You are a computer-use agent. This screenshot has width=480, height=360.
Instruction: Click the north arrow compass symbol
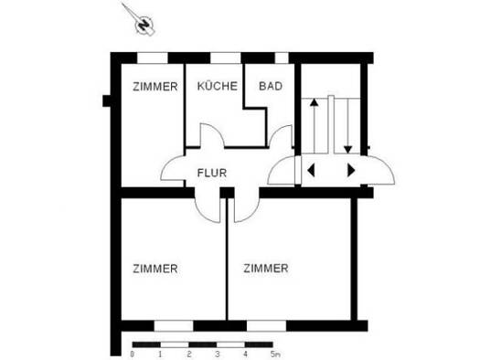click(x=144, y=24)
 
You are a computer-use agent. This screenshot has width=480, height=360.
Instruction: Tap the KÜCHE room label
click(x=218, y=86)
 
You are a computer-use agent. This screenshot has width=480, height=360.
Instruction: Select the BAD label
click(x=271, y=86)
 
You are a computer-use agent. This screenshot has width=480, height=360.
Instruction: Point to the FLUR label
click(x=212, y=173)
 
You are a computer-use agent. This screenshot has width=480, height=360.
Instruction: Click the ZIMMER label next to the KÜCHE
click(x=155, y=87)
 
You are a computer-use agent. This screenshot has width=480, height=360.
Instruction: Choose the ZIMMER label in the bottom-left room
click(x=155, y=269)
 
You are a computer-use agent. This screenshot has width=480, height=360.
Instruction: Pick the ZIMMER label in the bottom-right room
click(x=266, y=269)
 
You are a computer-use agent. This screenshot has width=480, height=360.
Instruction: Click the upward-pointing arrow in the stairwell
click(x=315, y=125)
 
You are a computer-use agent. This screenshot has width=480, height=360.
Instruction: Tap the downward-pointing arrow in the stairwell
click(x=347, y=126)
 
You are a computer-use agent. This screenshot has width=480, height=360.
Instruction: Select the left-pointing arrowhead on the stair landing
click(x=311, y=170)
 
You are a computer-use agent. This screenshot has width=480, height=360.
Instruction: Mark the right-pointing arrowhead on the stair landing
click(x=351, y=170)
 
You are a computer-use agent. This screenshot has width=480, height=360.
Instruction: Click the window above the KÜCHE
click(x=226, y=58)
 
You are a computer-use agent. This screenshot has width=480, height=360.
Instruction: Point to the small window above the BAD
click(x=282, y=58)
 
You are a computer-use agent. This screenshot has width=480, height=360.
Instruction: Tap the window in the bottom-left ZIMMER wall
click(x=174, y=326)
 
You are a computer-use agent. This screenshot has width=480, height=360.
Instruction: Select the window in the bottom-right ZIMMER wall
click(x=267, y=326)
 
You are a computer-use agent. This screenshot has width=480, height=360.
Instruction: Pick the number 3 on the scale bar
click(x=217, y=355)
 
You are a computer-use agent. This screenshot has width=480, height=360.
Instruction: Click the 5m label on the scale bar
click(x=275, y=355)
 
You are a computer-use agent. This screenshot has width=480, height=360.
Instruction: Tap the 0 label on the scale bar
click(x=132, y=355)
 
